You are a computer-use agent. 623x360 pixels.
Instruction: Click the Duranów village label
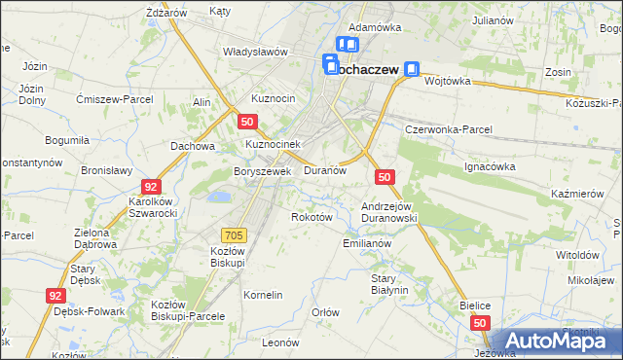tap(325, 170)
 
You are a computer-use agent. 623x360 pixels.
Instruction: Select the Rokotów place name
tap(312, 217)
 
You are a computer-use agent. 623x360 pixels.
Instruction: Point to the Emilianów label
tap(367, 244)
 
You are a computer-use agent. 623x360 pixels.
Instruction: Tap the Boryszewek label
tap(263, 171)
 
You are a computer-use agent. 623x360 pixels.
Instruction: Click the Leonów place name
tap(279, 342)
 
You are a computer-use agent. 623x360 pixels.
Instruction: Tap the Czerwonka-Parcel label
tap(449, 129)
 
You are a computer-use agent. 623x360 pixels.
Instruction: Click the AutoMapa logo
tap(558, 342)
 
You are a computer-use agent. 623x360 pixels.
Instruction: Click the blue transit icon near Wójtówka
tap(413, 69)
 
